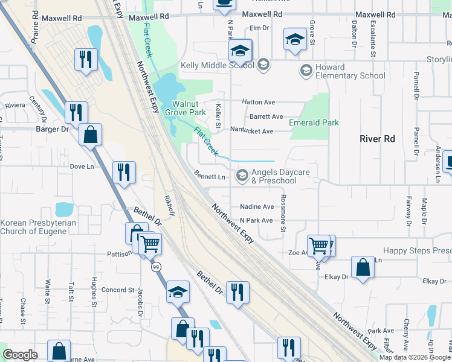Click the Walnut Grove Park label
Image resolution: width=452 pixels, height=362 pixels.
coord(189,107)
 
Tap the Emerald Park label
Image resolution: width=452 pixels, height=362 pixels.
coord(314,122)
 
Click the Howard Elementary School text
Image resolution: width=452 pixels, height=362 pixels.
coord(343,71)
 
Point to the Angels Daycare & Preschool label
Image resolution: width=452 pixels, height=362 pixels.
coord(280,176)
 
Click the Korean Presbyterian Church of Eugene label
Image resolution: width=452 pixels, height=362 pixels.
coord(38,227)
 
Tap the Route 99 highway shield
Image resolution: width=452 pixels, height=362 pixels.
coord(155,267)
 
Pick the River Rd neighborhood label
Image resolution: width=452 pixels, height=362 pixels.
coord(377,139)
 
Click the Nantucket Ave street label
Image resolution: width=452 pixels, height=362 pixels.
coord(251,131)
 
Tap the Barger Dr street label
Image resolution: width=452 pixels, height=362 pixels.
coord(53,129)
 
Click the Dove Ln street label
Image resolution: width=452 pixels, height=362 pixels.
coord(82,167)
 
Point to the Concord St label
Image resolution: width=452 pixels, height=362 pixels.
coord(117,290)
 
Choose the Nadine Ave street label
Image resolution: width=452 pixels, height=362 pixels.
coord(257,206)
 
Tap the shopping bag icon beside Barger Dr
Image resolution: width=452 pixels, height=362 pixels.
coord(90,135)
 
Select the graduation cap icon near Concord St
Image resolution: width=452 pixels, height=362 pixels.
coord(178,292)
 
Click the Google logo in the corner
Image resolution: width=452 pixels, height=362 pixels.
coord(20,355)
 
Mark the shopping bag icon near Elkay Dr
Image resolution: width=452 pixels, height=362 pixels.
coord(363,268)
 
